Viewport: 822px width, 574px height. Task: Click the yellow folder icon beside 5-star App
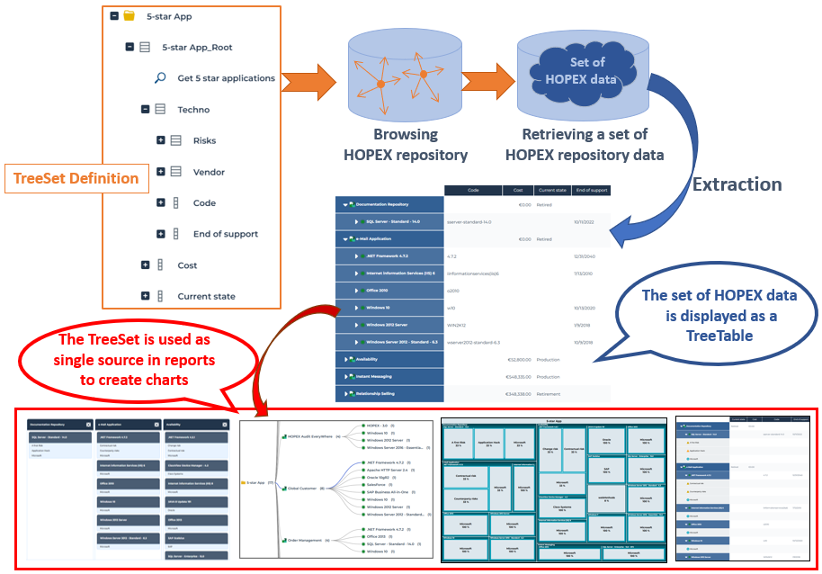pos(130,16)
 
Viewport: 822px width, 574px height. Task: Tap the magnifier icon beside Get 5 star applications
pos(160,78)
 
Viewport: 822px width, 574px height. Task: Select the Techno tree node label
pos(193,110)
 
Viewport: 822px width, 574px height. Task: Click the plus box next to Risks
pos(161,140)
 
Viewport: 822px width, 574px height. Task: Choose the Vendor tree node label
pos(209,172)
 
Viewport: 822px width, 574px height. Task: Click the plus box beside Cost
pos(145,265)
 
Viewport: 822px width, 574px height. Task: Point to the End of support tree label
pos(225,234)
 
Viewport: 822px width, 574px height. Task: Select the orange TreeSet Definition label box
pos(76,178)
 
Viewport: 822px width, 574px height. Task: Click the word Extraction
pos(736,184)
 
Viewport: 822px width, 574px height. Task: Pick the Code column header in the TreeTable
pos(473,191)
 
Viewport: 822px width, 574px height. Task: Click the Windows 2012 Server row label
pos(388,325)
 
